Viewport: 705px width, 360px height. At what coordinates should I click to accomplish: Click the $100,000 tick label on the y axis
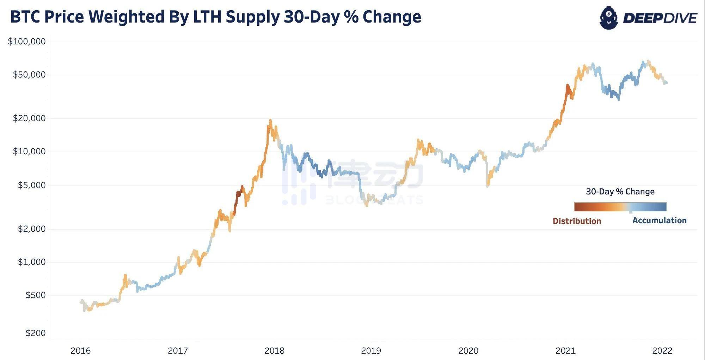pos(27,42)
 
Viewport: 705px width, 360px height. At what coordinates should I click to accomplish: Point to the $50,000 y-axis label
pos(29,75)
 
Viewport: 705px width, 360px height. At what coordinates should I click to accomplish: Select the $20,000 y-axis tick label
pos(29,118)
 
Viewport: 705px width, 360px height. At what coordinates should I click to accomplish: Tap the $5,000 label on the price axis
pos(32,185)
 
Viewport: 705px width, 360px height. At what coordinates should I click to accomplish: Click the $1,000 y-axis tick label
pos(32,262)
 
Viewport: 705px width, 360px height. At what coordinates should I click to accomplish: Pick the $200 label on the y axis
pos(36,333)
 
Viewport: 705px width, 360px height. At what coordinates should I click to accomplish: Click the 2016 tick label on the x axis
pos(81,351)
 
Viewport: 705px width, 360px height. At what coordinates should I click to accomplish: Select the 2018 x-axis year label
pos(275,351)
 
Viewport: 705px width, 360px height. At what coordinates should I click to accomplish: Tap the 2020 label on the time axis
pos(468,351)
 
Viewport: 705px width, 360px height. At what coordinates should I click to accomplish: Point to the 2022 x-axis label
pos(662,351)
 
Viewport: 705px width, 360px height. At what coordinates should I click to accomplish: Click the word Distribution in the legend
pos(577,221)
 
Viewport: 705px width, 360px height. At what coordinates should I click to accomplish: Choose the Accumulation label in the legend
pos(659,221)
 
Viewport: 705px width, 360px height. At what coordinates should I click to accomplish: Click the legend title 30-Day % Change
pos(620,192)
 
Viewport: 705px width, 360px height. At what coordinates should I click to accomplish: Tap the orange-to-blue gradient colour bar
pos(620,207)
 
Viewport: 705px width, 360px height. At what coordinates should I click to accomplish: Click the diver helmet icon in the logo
pos(609,18)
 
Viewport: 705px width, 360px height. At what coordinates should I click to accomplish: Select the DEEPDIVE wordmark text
pos(660,18)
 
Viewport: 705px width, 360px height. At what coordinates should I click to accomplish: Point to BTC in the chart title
pos(25,17)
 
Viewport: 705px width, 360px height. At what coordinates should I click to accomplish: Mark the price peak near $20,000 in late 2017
pos(270,120)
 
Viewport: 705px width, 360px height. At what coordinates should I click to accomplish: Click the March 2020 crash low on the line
pos(488,186)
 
